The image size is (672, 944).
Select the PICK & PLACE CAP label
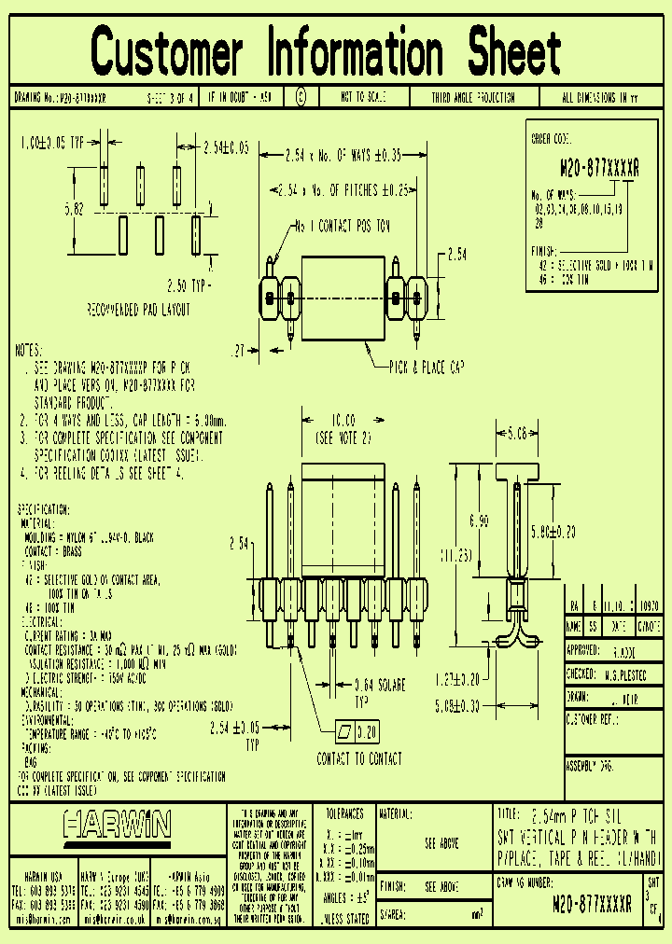[x=427, y=367]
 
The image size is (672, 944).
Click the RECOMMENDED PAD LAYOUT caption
[x=138, y=310]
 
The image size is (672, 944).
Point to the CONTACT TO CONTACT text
[x=359, y=759]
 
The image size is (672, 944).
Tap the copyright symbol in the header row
[x=300, y=97]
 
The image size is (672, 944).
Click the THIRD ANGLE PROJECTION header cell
[x=472, y=97]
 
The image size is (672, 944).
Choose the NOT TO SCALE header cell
[x=363, y=97]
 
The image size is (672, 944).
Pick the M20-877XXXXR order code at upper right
[x=599, y=169]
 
